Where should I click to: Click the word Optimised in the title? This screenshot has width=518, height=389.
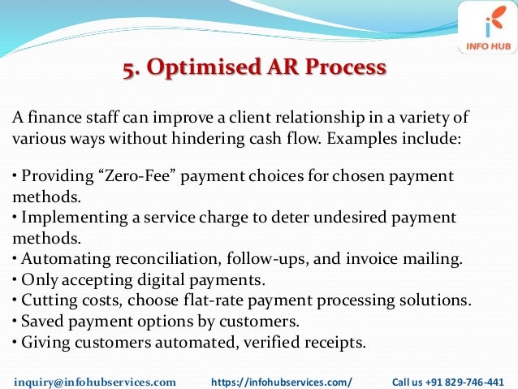(x=197, y=67)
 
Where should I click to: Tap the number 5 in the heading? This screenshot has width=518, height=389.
(x=128, y=67)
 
